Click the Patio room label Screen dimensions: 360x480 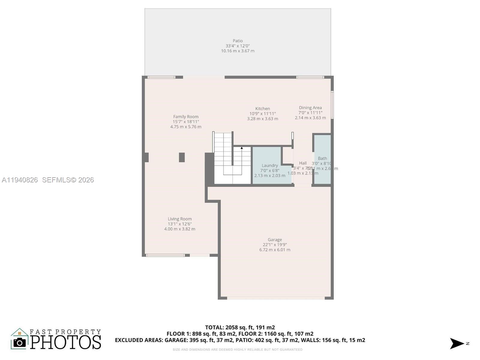click(238, 41)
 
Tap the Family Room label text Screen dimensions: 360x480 click(186, 117)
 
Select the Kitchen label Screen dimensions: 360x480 click(262, 109)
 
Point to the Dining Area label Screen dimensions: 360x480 click(310, 108)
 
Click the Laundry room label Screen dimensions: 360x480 click(270, 165)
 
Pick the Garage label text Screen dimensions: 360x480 click(275, 240)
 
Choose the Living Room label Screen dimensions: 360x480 click(180, 219)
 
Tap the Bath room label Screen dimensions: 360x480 click(322, 158)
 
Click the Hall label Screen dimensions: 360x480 click(303, 163)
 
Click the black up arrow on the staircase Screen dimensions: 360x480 click(242, 148)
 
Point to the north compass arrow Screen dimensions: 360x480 click(457, 343)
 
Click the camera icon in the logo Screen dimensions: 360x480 click(20, 343)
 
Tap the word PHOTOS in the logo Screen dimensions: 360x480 click(65, 342)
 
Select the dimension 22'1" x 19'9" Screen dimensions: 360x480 click(275, 245)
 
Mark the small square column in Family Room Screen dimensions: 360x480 click(182, 157)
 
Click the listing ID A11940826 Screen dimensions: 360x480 click(20, 180)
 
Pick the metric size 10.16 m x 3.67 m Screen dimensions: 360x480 click(238, 51)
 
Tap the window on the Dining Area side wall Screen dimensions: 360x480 click(332, 105)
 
